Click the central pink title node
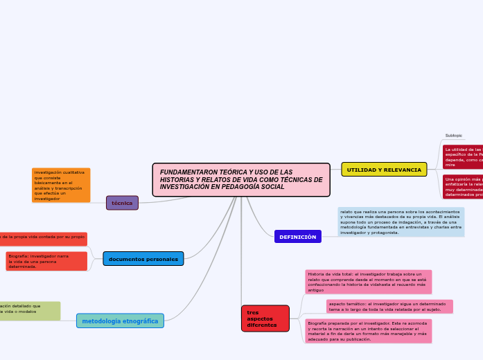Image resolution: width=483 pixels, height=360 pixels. click(241, 180)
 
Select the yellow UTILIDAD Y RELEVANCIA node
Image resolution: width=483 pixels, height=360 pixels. click(383, 170)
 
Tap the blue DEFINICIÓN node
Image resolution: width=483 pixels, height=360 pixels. click(297, 237)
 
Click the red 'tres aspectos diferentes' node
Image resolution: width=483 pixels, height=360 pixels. click(265, 318)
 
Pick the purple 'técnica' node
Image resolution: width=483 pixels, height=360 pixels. click(122, 203)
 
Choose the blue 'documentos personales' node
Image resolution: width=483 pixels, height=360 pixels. click(143, 259)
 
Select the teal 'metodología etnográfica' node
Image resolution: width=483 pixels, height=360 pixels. click(120, 321)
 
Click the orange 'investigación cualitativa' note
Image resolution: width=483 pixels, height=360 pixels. click(61, 185)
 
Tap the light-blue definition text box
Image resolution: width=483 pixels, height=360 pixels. click(401, 222)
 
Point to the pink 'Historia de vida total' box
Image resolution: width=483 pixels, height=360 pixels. click(368, 282)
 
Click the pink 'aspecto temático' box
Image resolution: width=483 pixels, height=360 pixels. click(389, 307)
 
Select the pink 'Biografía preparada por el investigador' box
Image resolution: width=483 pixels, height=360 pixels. click(368, 331)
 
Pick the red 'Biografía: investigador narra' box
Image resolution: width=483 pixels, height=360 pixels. click(46, 261)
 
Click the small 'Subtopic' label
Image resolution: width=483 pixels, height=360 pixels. click(454, 135)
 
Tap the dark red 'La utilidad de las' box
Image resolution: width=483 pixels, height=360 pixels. click(463, 157)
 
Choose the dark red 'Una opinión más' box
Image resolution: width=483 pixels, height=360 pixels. click(463, 187)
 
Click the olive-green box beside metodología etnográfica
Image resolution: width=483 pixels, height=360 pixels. click(29, 311)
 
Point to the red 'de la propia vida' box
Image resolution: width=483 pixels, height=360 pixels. click(42, 237)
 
